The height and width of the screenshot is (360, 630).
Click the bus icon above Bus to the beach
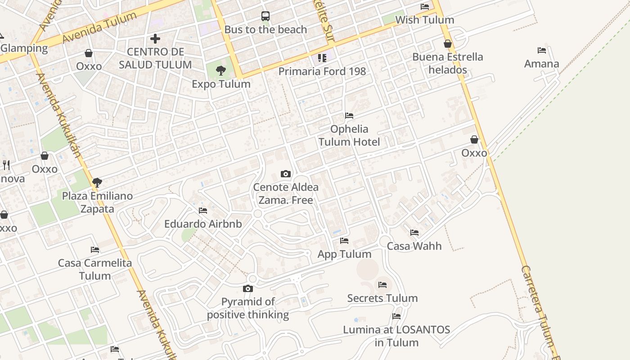tap(265, 16)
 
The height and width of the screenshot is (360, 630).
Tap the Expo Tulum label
tap(221, 84)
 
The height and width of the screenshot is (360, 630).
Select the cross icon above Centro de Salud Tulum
tap(155, 39)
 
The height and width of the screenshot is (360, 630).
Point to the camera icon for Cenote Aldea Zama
tap(286, 174)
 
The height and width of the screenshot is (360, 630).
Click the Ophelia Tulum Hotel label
tap(349, 135)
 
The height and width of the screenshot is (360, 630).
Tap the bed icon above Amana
tap(542, 50)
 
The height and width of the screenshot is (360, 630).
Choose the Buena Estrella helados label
tap(448, 63)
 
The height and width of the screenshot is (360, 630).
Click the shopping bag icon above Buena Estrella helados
tap(448, 44)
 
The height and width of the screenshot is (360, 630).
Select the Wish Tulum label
tap(425, 20)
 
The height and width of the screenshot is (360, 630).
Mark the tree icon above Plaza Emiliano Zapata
tap(97, 183)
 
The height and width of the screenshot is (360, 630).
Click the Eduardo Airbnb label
tap(203, 224)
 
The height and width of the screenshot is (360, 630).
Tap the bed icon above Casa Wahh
tap(414, 233)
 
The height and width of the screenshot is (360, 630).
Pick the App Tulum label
tap(344, 254)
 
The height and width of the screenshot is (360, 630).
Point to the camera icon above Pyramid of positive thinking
tap(248, 288)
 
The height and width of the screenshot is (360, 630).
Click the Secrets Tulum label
tap(382, 298)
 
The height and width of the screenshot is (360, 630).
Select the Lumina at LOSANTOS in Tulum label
tap(396, 336)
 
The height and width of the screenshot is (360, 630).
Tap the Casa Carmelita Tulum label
tap(95, 269)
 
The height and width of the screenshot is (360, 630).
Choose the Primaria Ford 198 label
tap(322, 71)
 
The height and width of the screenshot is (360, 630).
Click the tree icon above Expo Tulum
tap(221, 71)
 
